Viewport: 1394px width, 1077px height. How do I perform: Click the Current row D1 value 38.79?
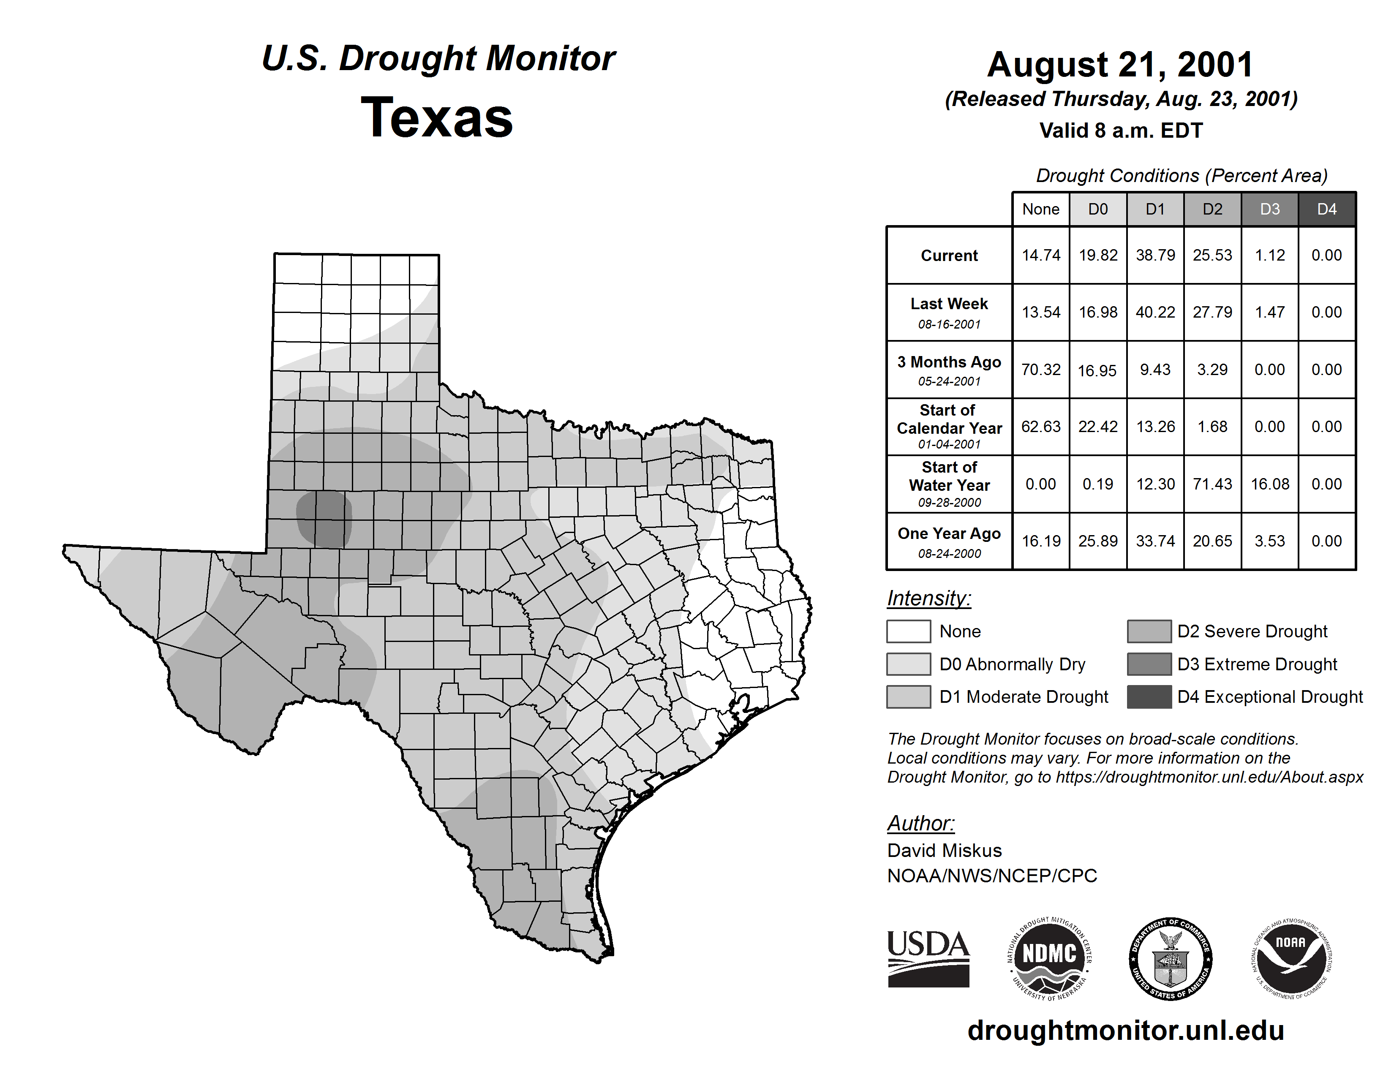click(1155, 255)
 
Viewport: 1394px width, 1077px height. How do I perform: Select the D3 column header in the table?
click(1269, 209)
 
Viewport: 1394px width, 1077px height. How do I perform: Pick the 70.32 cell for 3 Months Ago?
click(1040, 370)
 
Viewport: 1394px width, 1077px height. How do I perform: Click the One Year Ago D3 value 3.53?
click(1269, 541)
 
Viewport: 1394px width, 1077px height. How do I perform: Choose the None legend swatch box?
click(908, 631)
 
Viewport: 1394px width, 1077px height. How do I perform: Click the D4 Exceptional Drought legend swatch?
click(1149, 697)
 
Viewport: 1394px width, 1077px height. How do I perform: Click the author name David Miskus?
click(944, 851)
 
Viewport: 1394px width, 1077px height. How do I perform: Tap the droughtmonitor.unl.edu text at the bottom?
click(1125, 1031)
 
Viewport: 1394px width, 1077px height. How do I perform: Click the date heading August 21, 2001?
click(1120, 65)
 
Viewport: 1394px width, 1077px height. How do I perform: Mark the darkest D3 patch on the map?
click(324, 518)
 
